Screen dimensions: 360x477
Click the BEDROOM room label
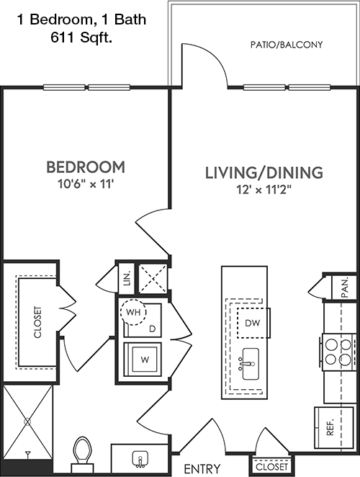point(86,167)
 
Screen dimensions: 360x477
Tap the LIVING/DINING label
point(264,172)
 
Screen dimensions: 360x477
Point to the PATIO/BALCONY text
point(286,45)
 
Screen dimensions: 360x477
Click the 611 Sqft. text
point(81,38)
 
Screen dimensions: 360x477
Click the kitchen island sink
point(251,364)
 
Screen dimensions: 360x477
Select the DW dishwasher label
point(253,323)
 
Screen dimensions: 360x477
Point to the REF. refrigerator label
point(330,427)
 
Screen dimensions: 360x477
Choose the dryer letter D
point(153,329)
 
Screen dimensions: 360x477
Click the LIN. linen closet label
point(127,278)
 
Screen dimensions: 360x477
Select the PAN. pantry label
point(344,288)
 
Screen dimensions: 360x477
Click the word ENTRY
point(202,468)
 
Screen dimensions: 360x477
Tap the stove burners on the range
point(338,352)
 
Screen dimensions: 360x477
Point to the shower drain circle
point(27,422)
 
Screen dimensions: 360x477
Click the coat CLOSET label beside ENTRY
point(271,467)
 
